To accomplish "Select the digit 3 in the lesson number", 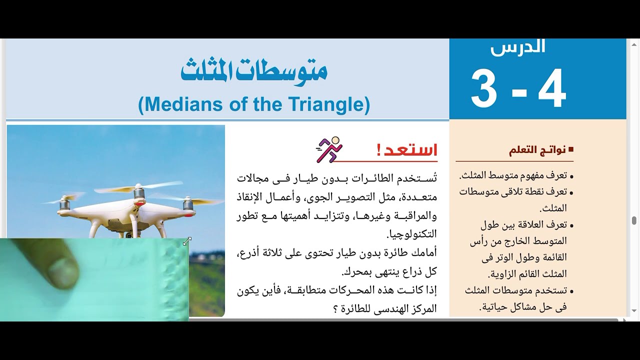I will click(484, 89).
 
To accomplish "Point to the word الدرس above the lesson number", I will click(517, 47).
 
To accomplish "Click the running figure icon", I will click(329, 149).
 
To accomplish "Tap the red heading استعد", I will click(407, 150).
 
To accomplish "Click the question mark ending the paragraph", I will click(335, 308).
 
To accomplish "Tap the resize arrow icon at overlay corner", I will click(187, 241).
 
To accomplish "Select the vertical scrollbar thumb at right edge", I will click(634, 220).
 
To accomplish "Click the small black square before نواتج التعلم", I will click(571, 150).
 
